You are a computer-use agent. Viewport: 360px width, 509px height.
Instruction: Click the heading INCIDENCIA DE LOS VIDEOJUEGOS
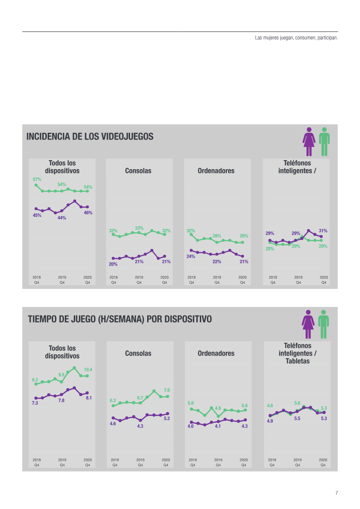(90, 136)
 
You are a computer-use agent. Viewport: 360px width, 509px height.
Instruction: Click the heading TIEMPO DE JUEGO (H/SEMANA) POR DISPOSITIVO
(120, 319)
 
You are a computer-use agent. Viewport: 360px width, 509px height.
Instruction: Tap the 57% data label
(37, 179)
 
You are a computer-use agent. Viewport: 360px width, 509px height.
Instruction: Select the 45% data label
(37, 215)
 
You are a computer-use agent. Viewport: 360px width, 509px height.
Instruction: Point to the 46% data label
(88, 212)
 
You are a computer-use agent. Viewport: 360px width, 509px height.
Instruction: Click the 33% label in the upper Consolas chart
(139, 228)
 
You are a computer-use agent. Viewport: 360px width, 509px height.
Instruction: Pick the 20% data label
(113, 264)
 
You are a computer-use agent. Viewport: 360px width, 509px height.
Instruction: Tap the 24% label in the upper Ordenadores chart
(191, 257)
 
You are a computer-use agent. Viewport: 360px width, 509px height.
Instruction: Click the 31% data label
(323, 230)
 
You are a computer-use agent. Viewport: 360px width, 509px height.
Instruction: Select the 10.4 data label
(88, 369)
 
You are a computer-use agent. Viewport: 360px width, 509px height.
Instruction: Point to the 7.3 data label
(35, 403)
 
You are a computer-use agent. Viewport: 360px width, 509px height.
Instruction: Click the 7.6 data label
(166, 390)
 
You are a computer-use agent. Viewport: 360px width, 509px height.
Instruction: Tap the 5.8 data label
(191, 403)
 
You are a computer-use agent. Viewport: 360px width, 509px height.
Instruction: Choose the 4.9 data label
(270, 421)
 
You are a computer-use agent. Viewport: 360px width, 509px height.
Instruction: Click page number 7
(336, 493)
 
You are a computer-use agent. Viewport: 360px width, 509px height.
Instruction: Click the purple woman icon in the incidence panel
(309, 141)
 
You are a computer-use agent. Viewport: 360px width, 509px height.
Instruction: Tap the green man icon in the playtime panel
(323, 324)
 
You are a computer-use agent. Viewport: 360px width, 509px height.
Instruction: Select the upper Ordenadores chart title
(216, 171)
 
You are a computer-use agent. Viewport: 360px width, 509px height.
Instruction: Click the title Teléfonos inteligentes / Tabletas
(297, 353)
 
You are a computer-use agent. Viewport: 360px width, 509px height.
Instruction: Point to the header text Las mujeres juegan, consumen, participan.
(296, 38)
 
